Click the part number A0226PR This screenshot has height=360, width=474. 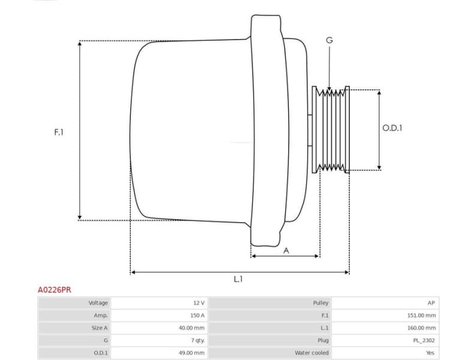pos(55,289)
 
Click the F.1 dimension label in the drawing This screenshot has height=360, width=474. pos(59,131)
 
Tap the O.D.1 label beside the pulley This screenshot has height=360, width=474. pos(392,128)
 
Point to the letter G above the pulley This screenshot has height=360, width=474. pos(329,40)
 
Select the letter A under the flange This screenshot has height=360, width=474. pos(286,251)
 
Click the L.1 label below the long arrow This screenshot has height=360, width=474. pos(238,279)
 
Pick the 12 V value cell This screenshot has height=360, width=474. pos(199,303)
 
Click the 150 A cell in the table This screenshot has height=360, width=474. pos(197,315)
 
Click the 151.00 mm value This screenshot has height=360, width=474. pos(422,315)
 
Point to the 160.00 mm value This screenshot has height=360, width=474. pos(422,328)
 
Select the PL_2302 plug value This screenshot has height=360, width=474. pos(425,340)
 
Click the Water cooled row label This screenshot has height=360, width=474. pos(311,353)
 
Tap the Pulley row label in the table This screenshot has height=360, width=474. pos(320,303)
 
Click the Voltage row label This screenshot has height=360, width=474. pos(98,303)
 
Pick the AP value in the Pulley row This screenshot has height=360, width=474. pos(431,303)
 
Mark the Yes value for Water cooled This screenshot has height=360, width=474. pos(430,353)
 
